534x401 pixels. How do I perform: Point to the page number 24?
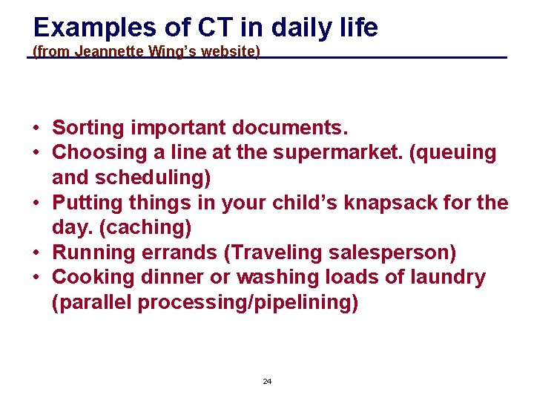(267, 381)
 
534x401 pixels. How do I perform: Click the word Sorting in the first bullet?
(88, 128)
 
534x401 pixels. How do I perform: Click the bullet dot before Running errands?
(36, 253)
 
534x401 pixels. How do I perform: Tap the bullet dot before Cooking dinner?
(36, 278)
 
